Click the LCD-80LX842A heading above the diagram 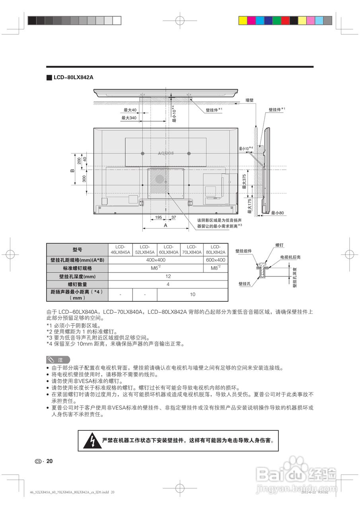73,77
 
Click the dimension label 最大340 128,118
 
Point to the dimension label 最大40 130,110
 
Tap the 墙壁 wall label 249,101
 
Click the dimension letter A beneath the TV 165,225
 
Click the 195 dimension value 158,218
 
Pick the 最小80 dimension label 277,213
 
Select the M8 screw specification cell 216,268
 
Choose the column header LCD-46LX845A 120,249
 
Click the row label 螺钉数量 77,284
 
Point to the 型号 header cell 77,249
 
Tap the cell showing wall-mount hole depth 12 168,276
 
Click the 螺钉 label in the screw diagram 279,245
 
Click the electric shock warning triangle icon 92,441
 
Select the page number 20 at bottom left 49,461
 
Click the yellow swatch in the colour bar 242,20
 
